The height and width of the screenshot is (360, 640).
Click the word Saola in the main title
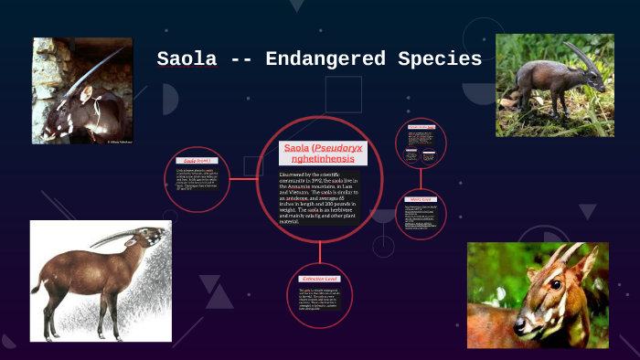(x=187, y=59)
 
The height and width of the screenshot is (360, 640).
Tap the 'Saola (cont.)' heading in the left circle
(x=197, y=161)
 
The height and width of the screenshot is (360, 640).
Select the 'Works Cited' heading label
(x=421, y=198)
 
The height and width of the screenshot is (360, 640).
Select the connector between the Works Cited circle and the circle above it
(x=421, y=179)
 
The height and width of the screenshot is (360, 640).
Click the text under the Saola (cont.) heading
(x=197, y=183)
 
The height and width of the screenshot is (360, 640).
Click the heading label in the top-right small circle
(x=421, y=126)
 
